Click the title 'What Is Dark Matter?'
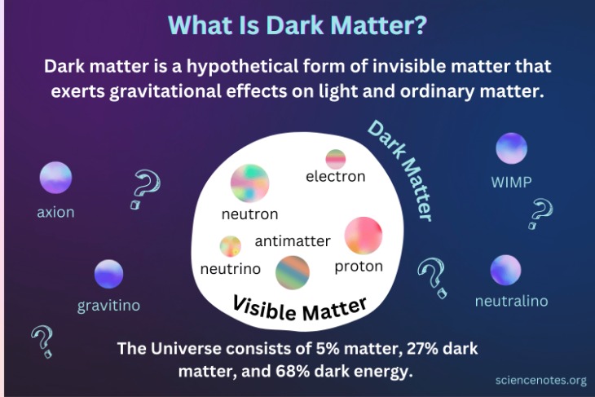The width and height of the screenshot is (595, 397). (x=297, y=24)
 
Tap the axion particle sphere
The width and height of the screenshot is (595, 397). (x=55, y=178)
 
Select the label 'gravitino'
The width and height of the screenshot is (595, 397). (x=108, y=306)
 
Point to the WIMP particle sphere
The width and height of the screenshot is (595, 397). (x=511, y=148)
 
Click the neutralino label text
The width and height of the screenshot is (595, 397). (x=511, y=302)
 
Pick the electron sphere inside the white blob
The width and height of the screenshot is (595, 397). (x=336, y=158)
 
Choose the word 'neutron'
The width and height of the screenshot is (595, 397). (x=249, y=214)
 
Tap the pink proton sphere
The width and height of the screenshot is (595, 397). (x=363, y=236)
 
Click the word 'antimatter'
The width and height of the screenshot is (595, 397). (x=293, y=240)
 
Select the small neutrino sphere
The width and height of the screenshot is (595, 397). (x=231, y=245)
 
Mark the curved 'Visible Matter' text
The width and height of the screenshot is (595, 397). (x=299, y=307)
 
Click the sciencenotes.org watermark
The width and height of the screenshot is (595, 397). (x=540, y=380)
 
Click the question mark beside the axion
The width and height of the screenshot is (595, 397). (x=143, y=189)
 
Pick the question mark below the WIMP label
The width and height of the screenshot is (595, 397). (x=539, y=214)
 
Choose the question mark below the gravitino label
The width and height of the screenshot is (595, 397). (x=41, y=342)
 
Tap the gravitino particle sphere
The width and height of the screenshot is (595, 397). (x=108, y=275)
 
